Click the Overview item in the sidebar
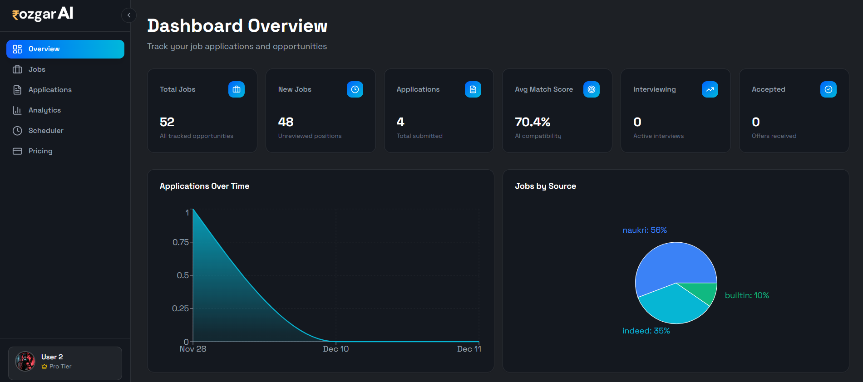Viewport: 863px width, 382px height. [65, 49]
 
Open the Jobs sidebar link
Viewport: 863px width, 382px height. [37, 69]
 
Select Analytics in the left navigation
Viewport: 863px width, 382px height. [44, 110]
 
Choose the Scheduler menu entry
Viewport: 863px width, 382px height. [45, 131]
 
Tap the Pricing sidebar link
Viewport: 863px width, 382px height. [40, 151]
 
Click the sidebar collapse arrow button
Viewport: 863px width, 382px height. [129, 15]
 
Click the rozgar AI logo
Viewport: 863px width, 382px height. [43, 15]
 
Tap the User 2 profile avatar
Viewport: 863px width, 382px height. [25, 362]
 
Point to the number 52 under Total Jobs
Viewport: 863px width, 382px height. [167, 122]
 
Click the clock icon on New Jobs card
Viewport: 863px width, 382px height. [355, 89]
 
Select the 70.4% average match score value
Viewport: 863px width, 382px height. [533, 122]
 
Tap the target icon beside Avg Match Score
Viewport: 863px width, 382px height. [592, 89]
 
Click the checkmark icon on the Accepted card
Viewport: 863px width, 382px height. [828, 89]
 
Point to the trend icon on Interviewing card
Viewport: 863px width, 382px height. [710, 89]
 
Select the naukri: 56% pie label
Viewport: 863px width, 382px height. [645, 230]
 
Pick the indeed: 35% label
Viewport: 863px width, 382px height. [646, 331]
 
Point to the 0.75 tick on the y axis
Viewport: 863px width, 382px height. [180, 242]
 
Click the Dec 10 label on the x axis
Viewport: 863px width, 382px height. [336, 349]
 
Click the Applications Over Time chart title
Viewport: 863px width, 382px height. [204, 186]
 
